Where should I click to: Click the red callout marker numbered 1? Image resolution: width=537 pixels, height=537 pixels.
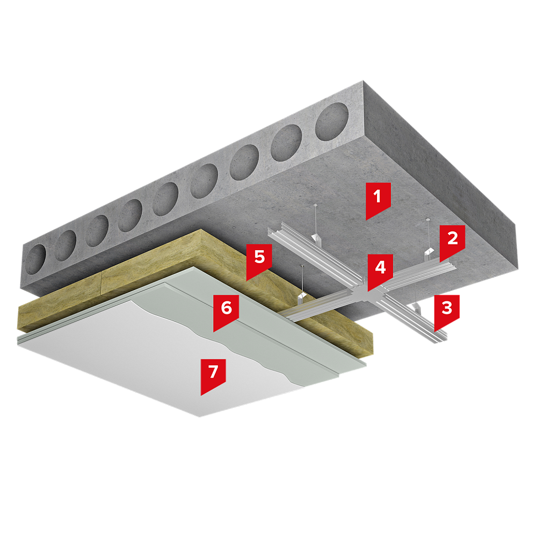(378, 199)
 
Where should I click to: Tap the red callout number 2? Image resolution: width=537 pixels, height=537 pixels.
(452, 241)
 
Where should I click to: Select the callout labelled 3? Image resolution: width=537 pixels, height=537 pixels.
(447, 310)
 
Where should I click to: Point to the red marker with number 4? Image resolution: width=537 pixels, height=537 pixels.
(380, 270)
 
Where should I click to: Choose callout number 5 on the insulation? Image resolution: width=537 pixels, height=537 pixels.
(259, 259)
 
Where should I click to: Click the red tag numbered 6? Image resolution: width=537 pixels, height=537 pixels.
(226, 310)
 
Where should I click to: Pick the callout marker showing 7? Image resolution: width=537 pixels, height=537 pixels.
(213, 374)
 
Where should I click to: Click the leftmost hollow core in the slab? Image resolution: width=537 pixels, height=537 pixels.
(35, 259)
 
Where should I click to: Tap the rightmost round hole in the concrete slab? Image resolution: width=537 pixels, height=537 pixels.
(332, 121)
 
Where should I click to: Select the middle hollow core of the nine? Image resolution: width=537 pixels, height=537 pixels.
(165, 199)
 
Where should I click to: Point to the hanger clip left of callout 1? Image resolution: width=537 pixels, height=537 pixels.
(315, 238)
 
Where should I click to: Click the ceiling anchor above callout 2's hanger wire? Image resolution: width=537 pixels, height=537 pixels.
(427, 219)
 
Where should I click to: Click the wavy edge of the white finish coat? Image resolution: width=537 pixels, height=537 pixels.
(219, 343)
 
